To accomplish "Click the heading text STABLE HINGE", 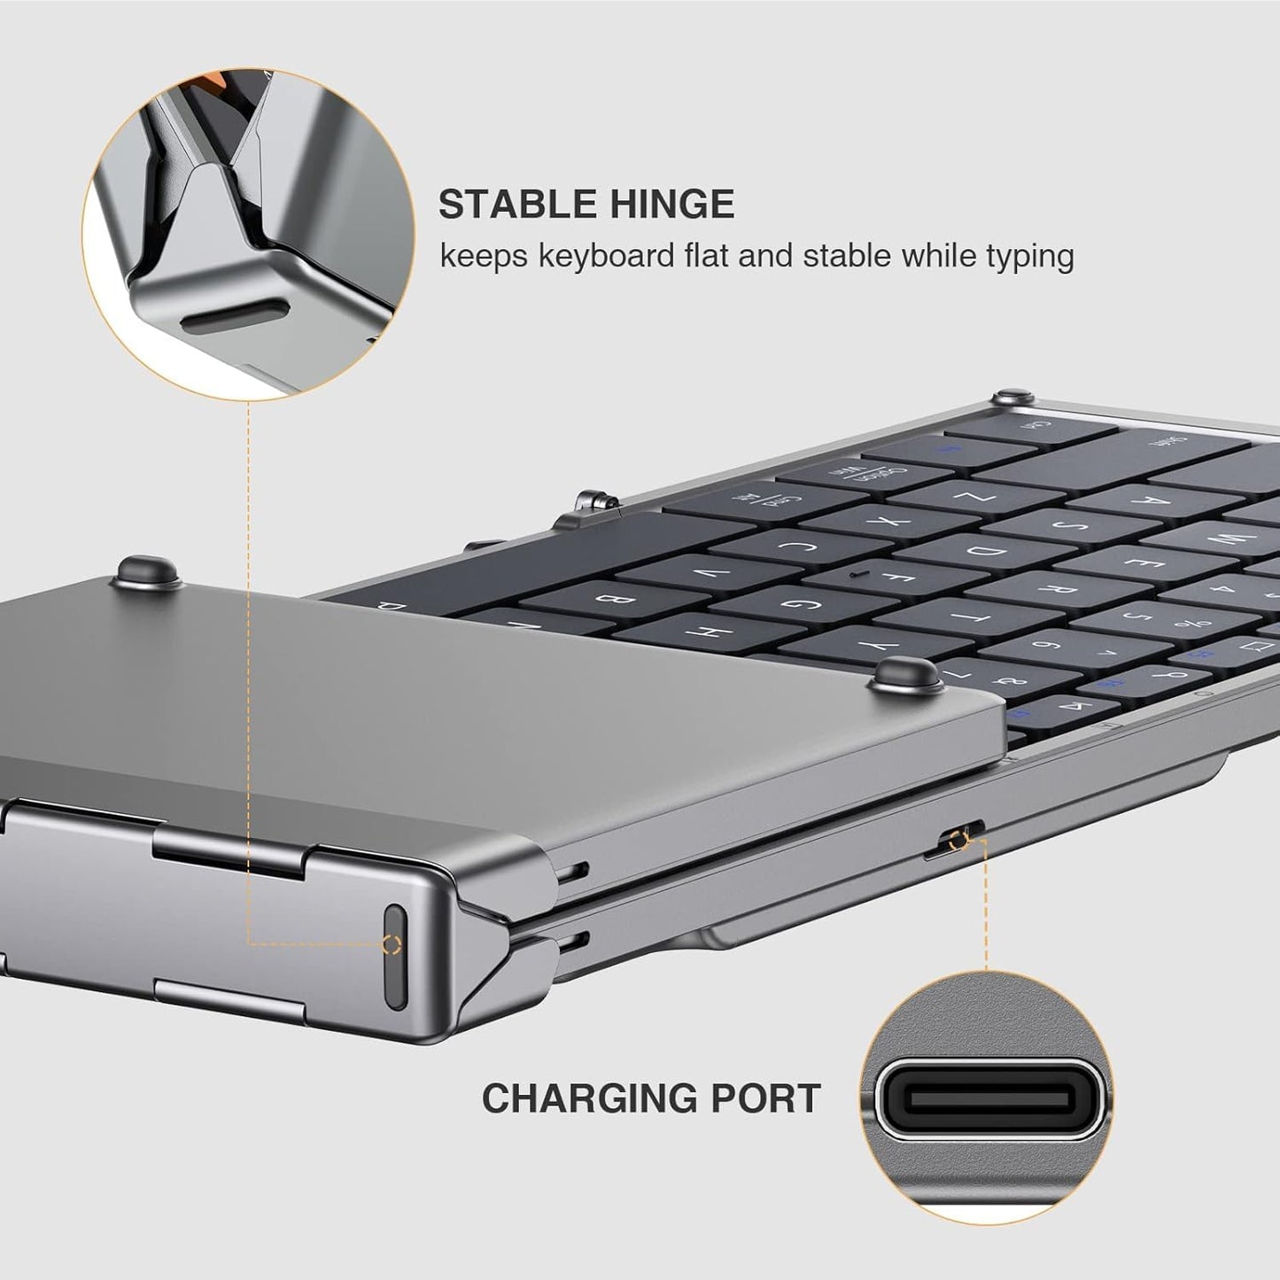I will pyautogui.click(x=586, y=205).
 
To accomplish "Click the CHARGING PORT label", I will pyautogui.click(x=651, y=1098).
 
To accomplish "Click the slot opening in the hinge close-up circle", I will pyautogui.click(x=235, y=315).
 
